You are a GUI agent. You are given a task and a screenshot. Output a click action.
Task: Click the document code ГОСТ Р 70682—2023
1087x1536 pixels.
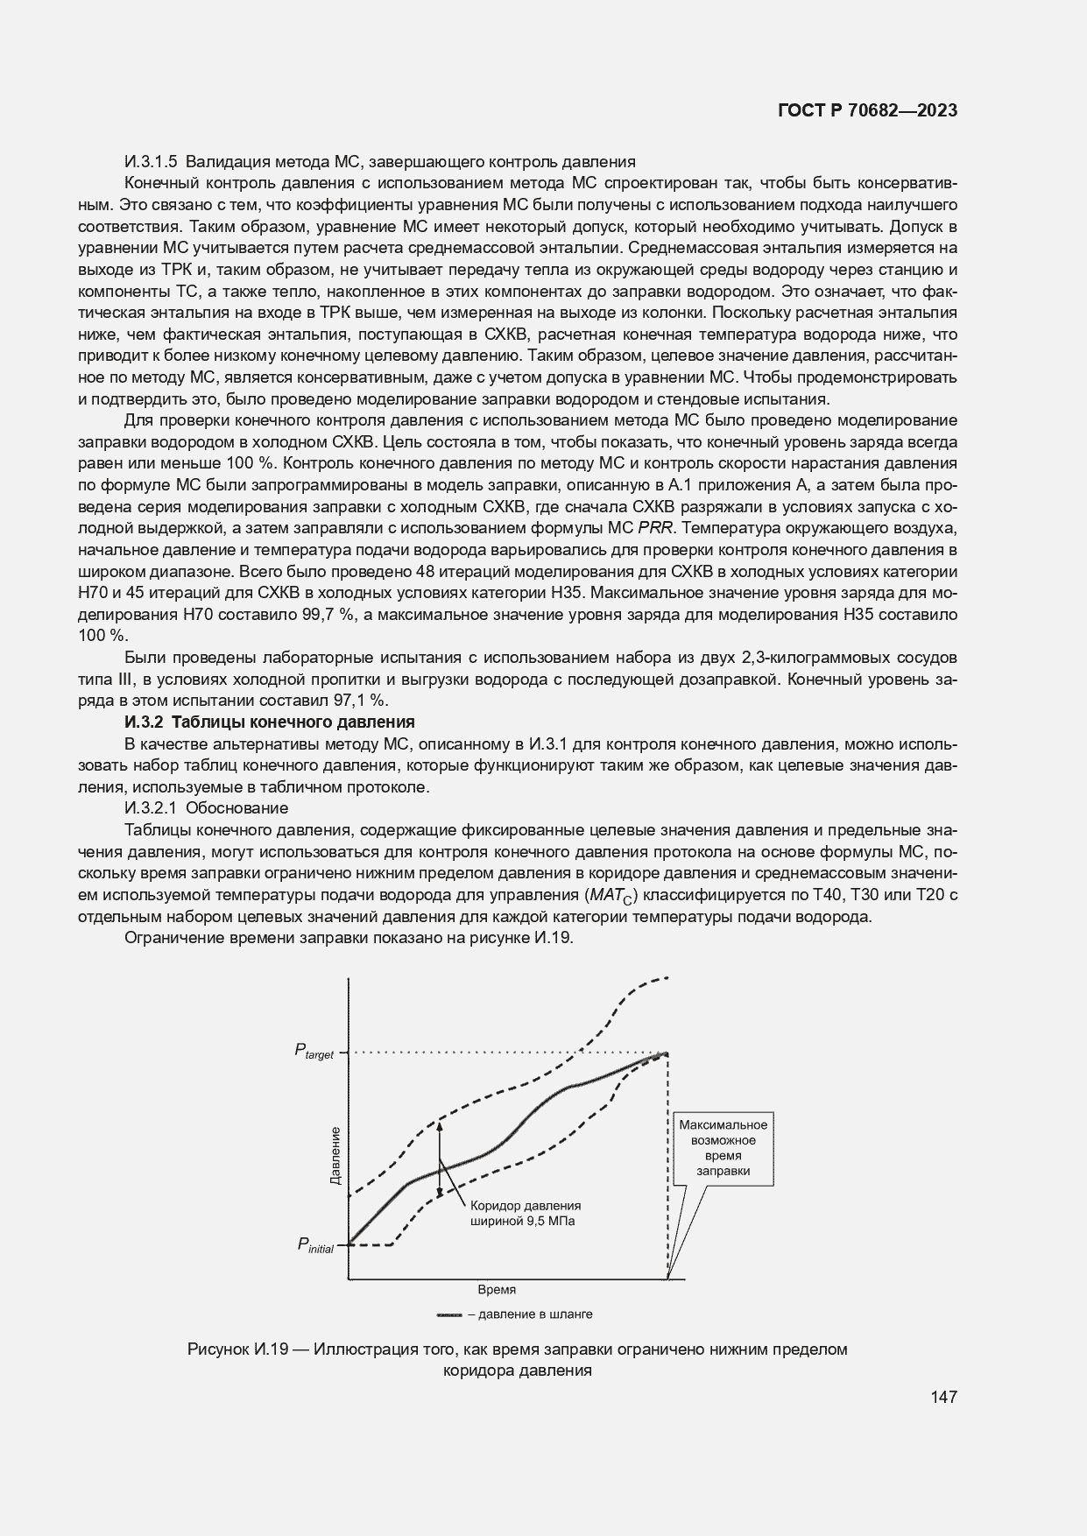click(866, 110)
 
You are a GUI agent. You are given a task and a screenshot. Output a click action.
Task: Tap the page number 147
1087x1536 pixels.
click(943, 1396)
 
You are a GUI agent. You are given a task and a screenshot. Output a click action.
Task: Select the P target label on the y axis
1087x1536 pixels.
click(314, 1052)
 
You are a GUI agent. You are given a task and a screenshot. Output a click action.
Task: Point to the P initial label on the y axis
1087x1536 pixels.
click(314, 1244)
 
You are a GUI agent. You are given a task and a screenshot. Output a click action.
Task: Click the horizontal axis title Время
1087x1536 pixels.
click(496, 1289)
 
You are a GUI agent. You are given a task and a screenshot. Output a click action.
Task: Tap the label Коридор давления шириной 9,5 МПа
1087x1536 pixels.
click(526, 1213)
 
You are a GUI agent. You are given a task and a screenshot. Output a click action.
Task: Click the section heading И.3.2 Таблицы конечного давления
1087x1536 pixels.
click(270, 722)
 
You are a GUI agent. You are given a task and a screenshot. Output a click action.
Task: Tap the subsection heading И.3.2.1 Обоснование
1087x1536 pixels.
click(207, 807)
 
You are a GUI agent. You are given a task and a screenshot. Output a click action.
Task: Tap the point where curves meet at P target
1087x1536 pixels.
click(667, 1053)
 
